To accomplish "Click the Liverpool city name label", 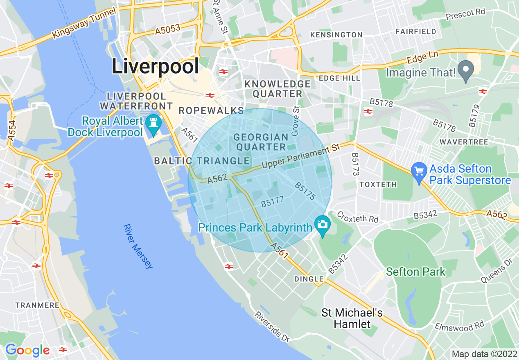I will point(156,66).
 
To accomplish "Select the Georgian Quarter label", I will point(261,142).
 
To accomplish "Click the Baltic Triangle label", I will point(202,161).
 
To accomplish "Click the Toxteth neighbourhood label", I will point(378,184).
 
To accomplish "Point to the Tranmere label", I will point(37,305).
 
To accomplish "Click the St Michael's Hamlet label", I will point(352,319).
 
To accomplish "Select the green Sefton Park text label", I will point(415,272).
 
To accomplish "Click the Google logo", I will point(27,350).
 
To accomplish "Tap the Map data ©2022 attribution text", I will point(483,354).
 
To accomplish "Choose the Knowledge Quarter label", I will point(277,89).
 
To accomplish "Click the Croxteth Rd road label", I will point(357,217).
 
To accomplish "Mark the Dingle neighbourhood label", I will point(309,279).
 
